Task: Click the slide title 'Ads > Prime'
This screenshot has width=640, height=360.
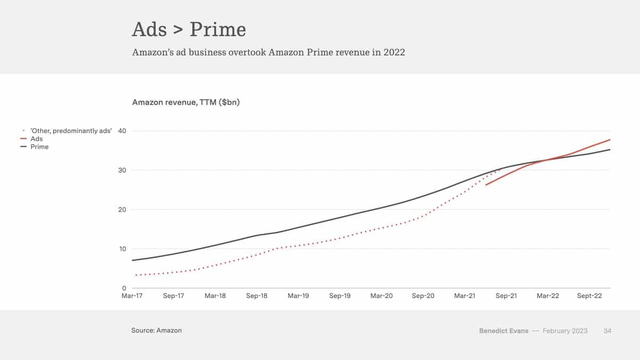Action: [x=189, y=29]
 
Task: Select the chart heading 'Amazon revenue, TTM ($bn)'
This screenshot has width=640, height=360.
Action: [x=186, y=102]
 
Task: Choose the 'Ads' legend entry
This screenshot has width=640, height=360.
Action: [x=37, y=139]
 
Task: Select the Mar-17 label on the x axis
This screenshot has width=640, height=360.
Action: [x=132, y=296]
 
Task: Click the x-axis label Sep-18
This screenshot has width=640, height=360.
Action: [x=257, y=296]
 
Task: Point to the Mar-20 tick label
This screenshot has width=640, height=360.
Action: [x=381, y=296]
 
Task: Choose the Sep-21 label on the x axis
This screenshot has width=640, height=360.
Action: [x=506, y=296]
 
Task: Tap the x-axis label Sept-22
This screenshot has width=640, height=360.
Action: [x=589, y=296]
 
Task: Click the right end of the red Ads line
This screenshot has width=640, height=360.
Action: [x=610, y=140]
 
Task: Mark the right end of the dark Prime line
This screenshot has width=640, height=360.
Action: [x=610, y=150]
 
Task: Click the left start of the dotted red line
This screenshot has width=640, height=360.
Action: [x=137, y=275]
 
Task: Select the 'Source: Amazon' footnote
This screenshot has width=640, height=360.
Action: [x=156, y=331]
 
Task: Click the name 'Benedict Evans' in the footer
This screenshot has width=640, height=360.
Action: [x=503, y=331]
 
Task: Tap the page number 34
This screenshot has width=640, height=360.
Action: [x=607, y=331]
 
